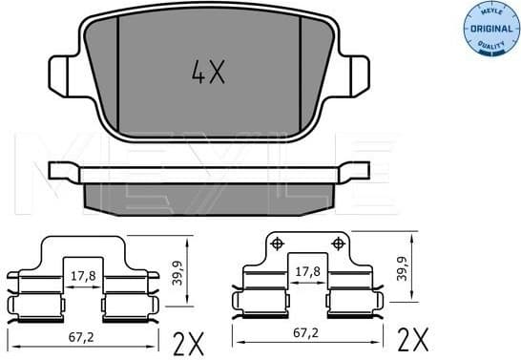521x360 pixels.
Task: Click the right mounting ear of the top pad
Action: pos(358,74)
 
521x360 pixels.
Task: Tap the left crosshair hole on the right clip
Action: pos(278,244)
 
